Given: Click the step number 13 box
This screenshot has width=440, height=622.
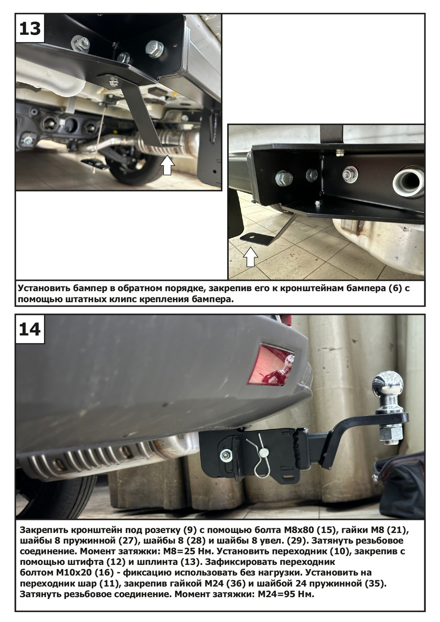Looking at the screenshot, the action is [x=30, y=29].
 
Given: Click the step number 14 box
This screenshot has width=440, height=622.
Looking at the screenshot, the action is [x=30, y=329].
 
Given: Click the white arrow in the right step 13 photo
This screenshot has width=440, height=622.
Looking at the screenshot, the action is [x=250, y=257].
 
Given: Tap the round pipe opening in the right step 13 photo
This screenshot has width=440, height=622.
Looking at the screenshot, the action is [x=408, y=182].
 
